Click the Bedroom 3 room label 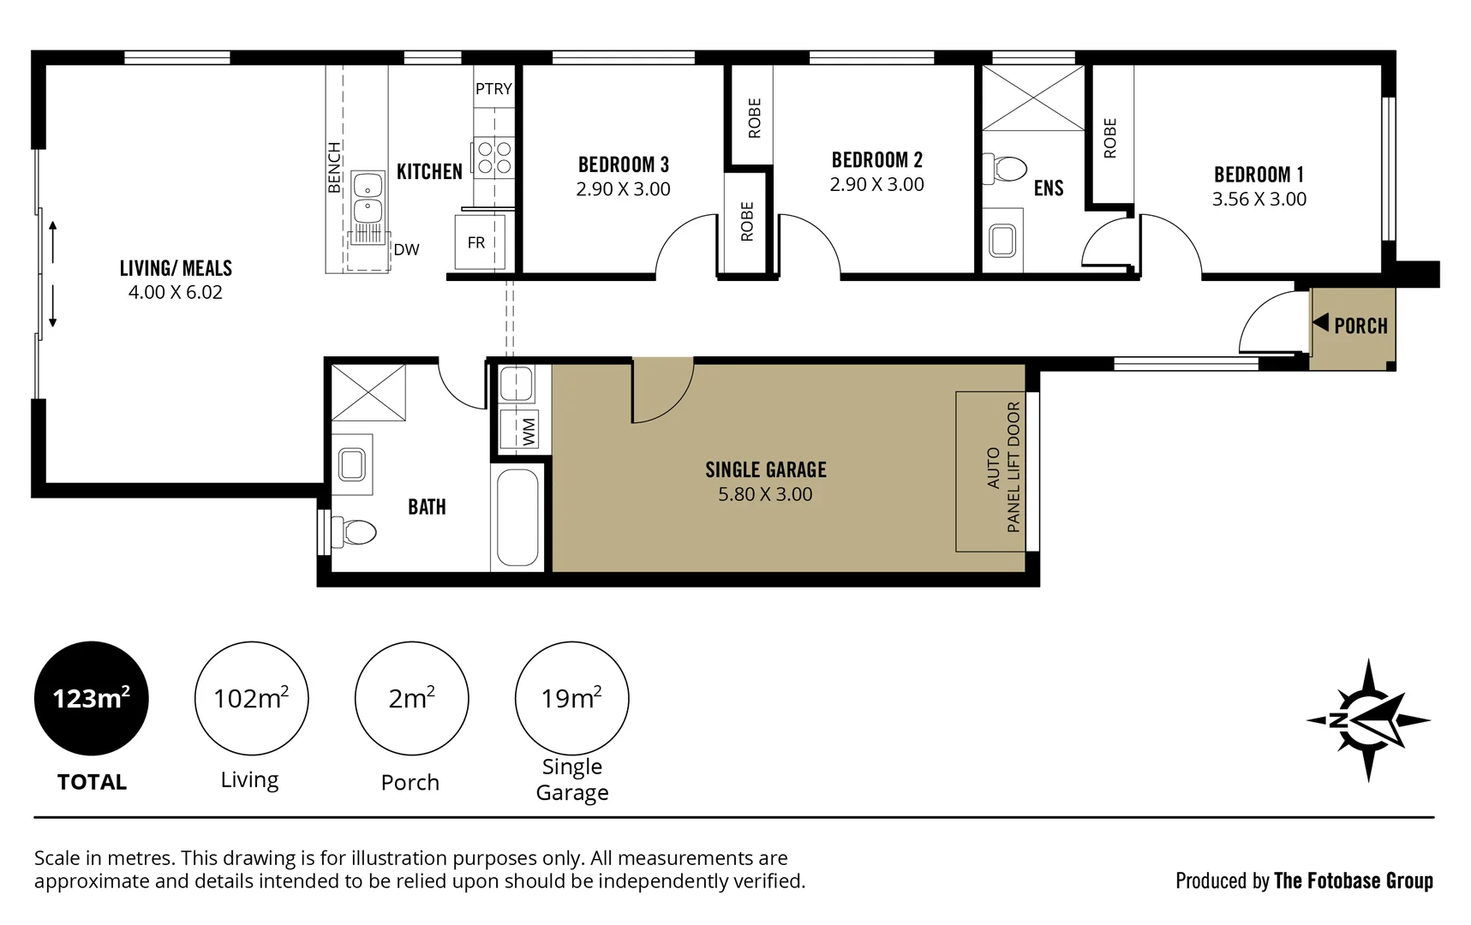pyautogui.click(x=623, y=164)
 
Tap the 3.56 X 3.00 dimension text pyautogui.click(x=1259, y=200)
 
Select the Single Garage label pyautogui.click(x=765, y=469)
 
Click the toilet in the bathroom pyautogui.click(x=354, y=532)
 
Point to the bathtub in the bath pyautogui.click(x=517, y=517)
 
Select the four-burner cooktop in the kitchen pyautogui.click(x=494, y=158)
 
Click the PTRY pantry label pyautogui.click(x=493, y=89)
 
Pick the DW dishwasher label pyautogui.click(x=406, y=250)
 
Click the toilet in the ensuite pyautogui.click(x=1004, y=168)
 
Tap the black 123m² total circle pyautogui.click(x=92, y=698)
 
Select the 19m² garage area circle pyautogui.click(x=571, y=698)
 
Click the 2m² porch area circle pyautogui.click(x=411, y=698)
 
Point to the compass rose pyautogui.click(x=1367, y=720)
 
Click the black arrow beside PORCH pyautogui.click(x=1320, y=323)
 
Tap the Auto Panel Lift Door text pyautogui.click(x=1003, y=468)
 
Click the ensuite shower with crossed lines pyautogui.click(x=1032, y=98)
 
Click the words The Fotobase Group pyautogui.click(x=1353, y=880)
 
